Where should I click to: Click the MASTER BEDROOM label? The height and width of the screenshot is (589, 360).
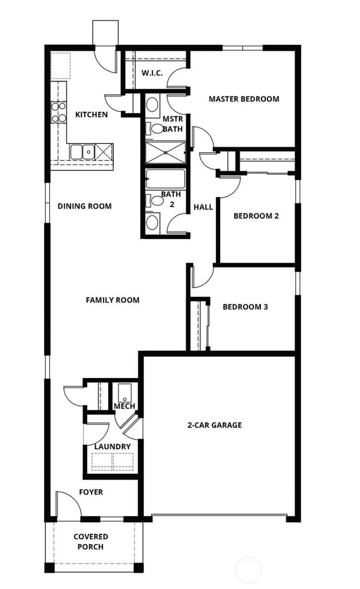[x=243, y=99]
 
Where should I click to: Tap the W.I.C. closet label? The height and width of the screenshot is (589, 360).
[x=152, y=73]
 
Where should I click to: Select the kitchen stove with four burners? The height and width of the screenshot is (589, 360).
[x=58, y=112]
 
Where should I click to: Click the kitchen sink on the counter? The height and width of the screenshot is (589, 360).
[x=82, y=152]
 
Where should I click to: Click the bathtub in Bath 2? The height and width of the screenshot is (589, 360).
[x=166, y=180]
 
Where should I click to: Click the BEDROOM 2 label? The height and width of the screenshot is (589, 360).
[x=256, y=216]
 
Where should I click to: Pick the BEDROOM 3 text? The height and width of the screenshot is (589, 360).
[x=245, y=307]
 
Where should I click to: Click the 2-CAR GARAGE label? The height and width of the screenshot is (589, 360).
[x=215, y=425]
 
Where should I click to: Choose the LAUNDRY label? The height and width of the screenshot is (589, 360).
[x=112, y=446]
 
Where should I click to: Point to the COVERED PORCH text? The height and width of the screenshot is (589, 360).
[x=91, y=542]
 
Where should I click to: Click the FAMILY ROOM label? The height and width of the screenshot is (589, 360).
[x=112, y=300]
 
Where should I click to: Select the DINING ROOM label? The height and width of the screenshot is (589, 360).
[x=85, y=206]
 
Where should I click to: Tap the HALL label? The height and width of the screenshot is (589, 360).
[x=203, y=207]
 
